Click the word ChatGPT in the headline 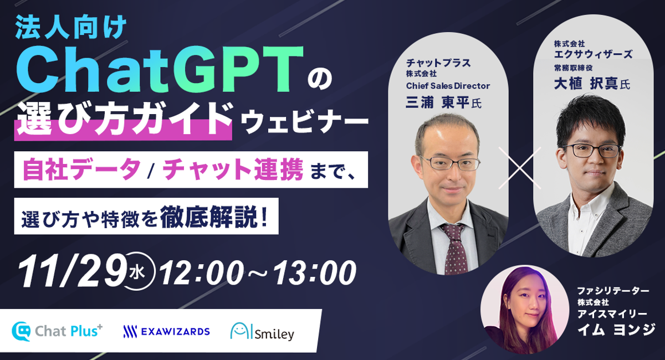coord(160,70)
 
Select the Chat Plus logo coord(57,331)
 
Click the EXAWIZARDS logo coord(167,332)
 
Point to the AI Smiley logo coord(262,331)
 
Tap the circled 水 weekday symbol coord(139,271)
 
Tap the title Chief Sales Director coord(448,86)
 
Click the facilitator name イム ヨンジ coord(616,330)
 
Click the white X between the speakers coord(520,168)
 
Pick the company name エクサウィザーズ coord(593,54)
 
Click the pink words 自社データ coord(81,169)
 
